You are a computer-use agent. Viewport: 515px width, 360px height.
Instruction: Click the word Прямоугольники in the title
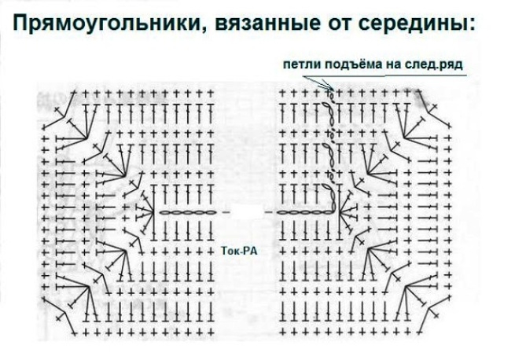coord(106,24)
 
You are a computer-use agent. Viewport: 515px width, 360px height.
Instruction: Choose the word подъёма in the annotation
coord(353,64)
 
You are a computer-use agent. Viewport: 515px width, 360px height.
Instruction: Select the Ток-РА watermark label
coord(240,251)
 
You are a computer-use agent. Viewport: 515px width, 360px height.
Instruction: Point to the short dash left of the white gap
coord(226,212)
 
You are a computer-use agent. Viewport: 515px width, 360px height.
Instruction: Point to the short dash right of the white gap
coord(268,212)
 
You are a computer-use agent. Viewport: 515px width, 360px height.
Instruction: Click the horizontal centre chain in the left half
coord(186,212)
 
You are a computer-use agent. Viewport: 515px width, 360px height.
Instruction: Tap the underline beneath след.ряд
coord(425,75)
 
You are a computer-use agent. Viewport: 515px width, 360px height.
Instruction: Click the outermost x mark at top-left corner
coord(57,109)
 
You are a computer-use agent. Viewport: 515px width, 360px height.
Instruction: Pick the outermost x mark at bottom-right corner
coord(436,316)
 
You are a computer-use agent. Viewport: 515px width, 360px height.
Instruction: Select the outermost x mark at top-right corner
coord(435,107)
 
